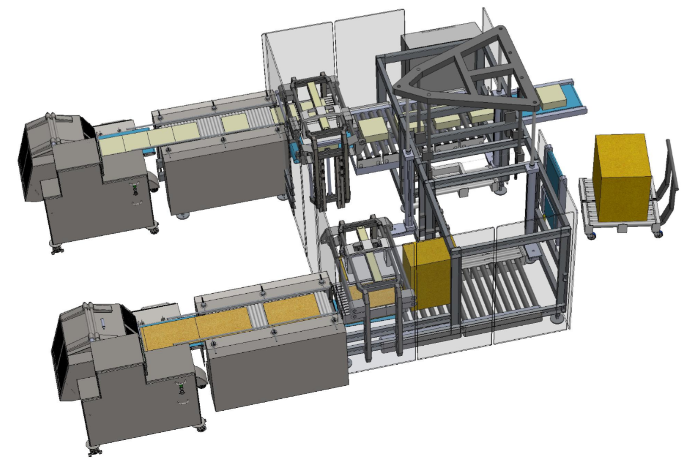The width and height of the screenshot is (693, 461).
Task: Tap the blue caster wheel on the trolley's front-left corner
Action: [592, 235]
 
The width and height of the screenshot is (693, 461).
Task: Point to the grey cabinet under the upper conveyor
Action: [222, 173]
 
